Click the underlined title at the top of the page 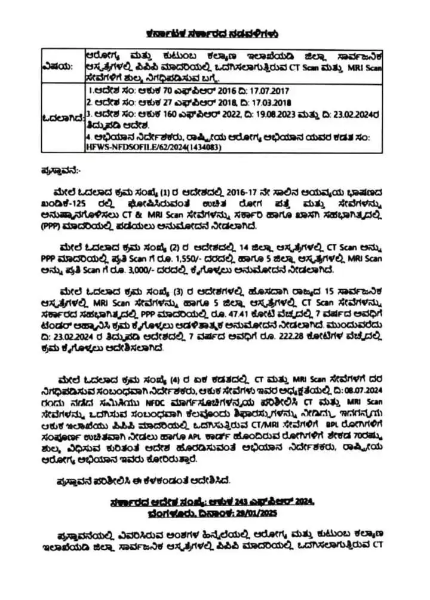click(x=213, y=35)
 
